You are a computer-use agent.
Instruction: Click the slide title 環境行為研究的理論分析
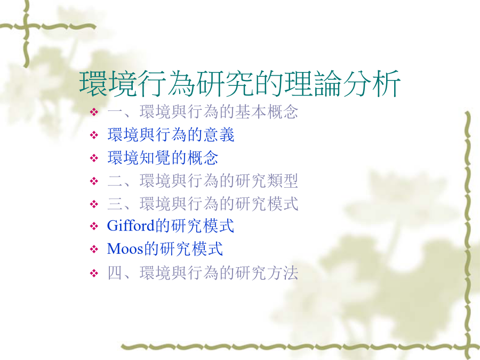pyautogui.click(x=240, y=84)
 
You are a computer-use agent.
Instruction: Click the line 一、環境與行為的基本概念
pyautogui.click(x=203, y=112)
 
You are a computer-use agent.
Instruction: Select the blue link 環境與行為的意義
pyautogui.click(x=171, y=135)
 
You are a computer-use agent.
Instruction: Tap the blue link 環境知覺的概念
pyautogui.click(x=163, y=158)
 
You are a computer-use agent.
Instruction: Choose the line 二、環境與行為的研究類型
pyautogui.click(x=203, y=181)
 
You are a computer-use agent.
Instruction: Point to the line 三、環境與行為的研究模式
pyautogui.click(x=203, y=204)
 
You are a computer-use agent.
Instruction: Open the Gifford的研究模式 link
pyautogui.click(x=171, y=226)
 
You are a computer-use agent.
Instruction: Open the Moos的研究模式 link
pyautogui.click(x=165, y=249)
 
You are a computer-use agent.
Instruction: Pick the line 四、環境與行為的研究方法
pyautogui.click(x=203, y=273)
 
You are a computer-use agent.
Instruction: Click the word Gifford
pyautogui.click(x=131, y=226)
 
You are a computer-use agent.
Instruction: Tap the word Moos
pyautogui.click(x=125, y=249)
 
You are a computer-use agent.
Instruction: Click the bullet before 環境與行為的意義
pyautogui.click(x=94, y=135)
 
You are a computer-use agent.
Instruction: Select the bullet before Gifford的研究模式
pyautogui.click(x=94, y=227)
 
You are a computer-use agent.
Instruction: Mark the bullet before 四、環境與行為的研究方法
pyautogui.click(x=94, y=273)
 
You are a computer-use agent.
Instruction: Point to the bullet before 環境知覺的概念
pyautogui.click(x=94, y=158)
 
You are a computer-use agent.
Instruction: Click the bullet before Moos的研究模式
pyautogui.click(x=94, y=249)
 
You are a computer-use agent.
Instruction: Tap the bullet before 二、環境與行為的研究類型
pyautogui.click(x=94, y=181)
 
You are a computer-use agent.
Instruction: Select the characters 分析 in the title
pyautogui.click(x=372, y=84)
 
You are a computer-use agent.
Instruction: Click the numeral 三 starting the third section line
pyautogui.click(x=115, y=204)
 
